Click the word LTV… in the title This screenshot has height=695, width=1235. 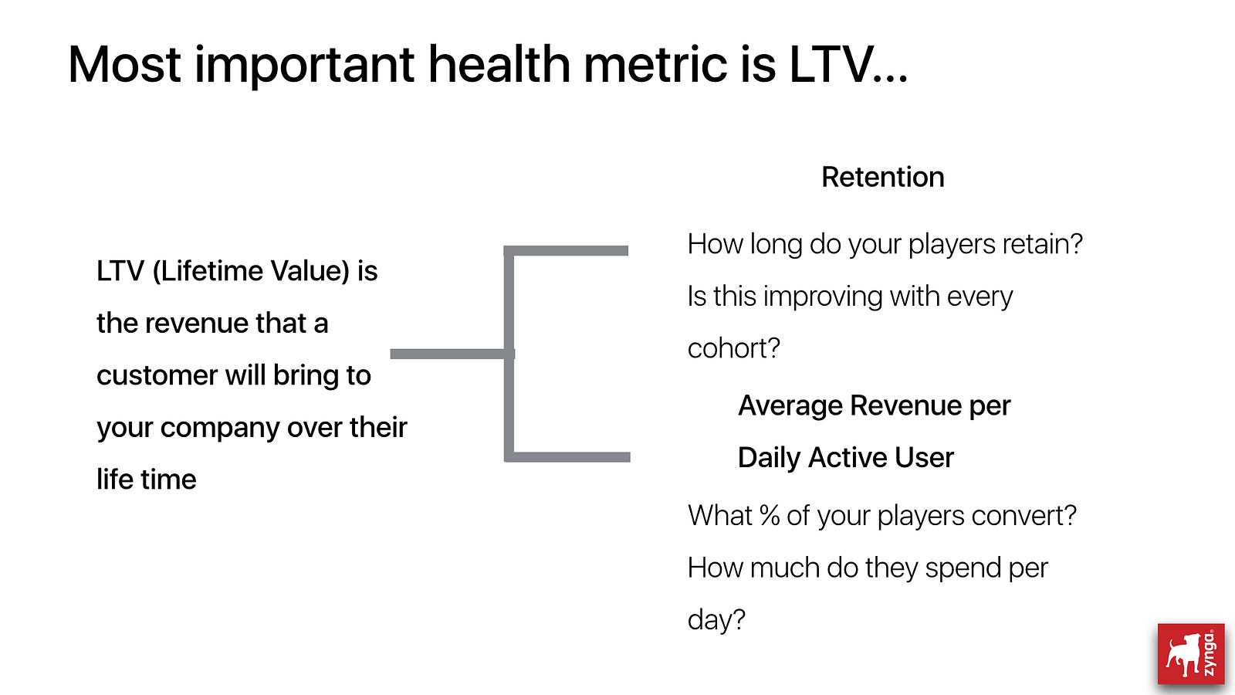[x=848, y=65]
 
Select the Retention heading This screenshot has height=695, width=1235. [x=883, y=177]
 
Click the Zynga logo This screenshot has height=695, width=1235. [x=1191, y=654]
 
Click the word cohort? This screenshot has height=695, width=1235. [x=734, y=348]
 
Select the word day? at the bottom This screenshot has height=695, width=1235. [x=716, y=620]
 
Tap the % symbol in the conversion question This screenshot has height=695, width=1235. [x=769, y=516]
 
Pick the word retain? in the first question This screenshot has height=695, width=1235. [x=1043, y=244]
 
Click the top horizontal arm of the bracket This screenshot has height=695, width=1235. [x=567, y=251]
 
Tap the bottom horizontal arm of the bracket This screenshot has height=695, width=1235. [x=567, y=456]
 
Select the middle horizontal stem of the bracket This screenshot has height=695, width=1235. [x=452, y=354]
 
